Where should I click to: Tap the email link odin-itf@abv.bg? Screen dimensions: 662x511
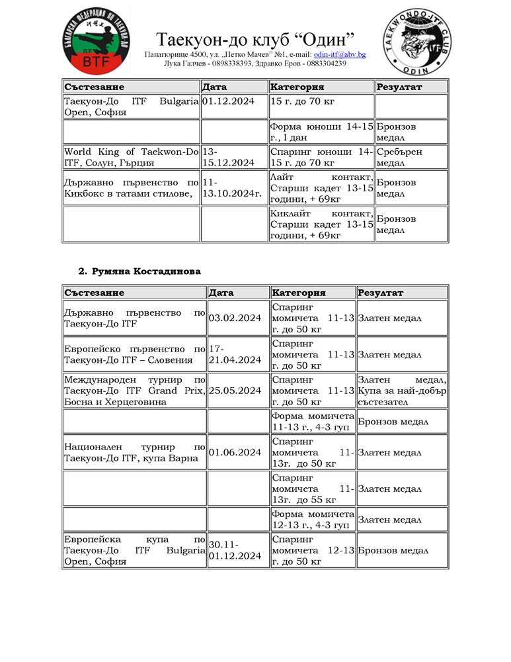click(x=339, y=54)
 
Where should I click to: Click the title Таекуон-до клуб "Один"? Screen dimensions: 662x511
click(x=255, y=38)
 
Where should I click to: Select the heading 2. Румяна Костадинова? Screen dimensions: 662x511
click(x=139, y=271)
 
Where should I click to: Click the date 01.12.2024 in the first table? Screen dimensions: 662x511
click(x=229, y=101)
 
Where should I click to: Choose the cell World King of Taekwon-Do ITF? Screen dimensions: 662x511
click(x=131, y=157)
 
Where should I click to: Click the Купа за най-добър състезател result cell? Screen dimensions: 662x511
click(x=402, y=391)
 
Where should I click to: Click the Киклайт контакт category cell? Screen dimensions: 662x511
click(x=321, y=224)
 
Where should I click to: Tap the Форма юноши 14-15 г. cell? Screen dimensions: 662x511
click(x=321, y=132)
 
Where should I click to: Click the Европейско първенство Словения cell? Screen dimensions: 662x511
click(x=134, y=354)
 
